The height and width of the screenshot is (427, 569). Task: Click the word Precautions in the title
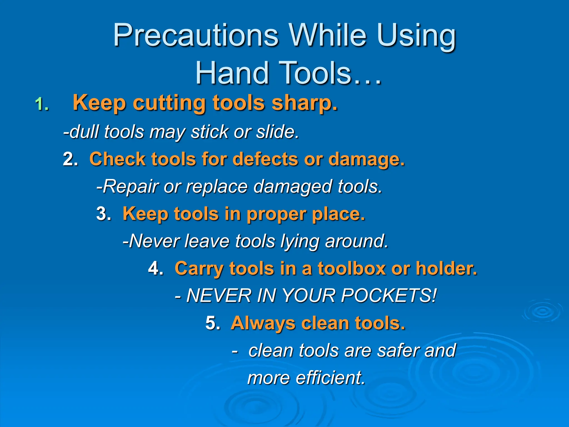[x=195, y=36]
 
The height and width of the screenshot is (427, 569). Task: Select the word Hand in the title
[x=232, y=73]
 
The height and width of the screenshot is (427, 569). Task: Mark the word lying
[x=300, y=241]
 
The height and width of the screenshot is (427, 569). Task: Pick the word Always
[x=263, y=323]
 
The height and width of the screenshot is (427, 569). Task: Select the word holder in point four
[x=446, y=268]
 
